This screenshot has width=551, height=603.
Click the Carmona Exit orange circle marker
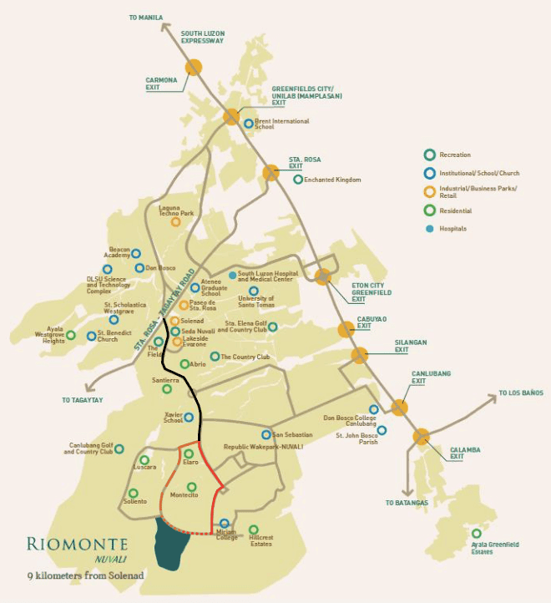pyautogui.click(x=194, y=67)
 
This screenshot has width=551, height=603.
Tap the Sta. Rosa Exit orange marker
pyautogui.click(x=270, y=173)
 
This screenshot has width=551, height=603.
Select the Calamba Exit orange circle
pyautogui.click(x=421, y=436)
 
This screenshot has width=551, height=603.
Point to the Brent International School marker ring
pyautogui.click(x=249, y=124)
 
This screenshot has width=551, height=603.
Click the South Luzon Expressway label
pyautogui.click(x=203, y=37)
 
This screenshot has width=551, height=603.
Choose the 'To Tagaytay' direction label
pyautogui.click(x=83, y=400)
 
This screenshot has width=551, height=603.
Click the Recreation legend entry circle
pyautogui.click(x=429, y=155)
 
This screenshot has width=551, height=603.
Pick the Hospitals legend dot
pyautogui.click(x=429, y=228)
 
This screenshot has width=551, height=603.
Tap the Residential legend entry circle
pyautogui.click(x=429, y=210)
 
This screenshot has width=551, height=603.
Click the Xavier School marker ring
pyautogui.click(x=190, y=417)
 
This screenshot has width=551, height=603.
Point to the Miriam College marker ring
pyautogui.click(x=225, y=524)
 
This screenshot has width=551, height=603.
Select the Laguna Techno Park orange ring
pyautogui.click(x=176, y=222)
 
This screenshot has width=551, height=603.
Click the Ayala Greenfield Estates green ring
pyautogui.click(x=477, y=534)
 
